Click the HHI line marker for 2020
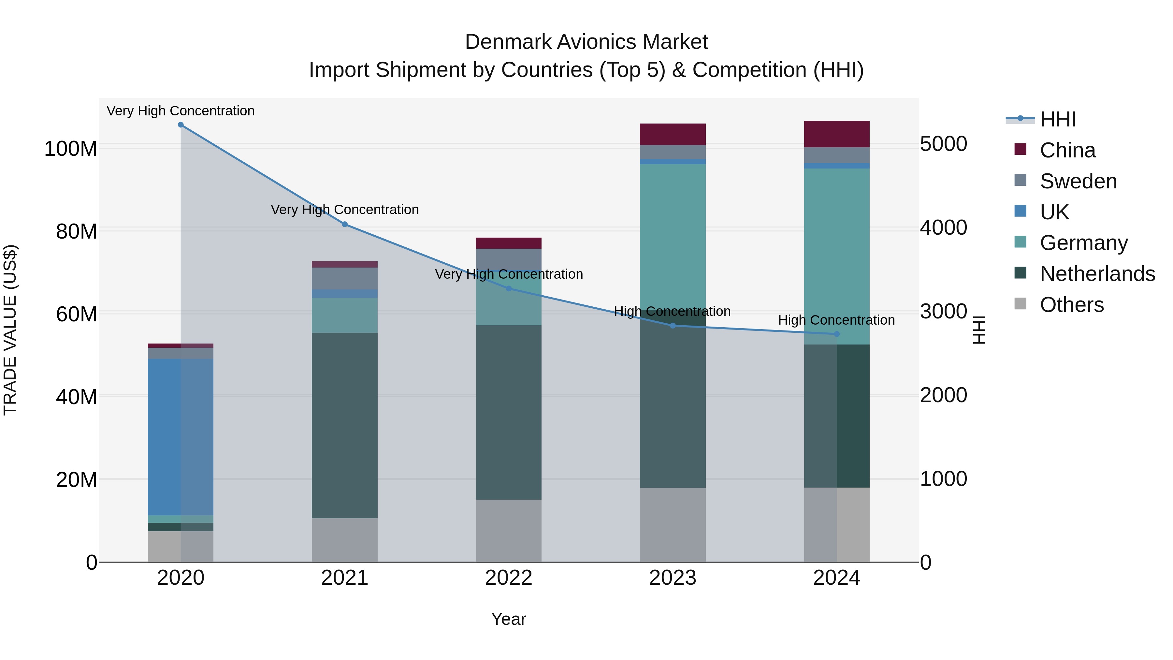pos(181,125)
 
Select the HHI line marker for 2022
pos(509,288)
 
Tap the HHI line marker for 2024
pos(836,334)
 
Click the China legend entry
pos(1067,150)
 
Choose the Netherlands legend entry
pos(1097,274)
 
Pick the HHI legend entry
pos(1058,119)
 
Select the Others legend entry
pos(1071,305)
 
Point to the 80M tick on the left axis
pos(77,231)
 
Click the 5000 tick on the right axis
pos(943,144)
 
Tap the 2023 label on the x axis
pos(673,578)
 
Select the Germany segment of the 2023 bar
pos(673,237)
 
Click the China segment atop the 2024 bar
pos(836,134)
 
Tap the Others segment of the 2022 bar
pos(509,531)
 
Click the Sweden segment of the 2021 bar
pos(345,278)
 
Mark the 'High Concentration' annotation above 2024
pos(836,320)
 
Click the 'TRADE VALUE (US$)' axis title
pos(10,330)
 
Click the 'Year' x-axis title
pos(509,619)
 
